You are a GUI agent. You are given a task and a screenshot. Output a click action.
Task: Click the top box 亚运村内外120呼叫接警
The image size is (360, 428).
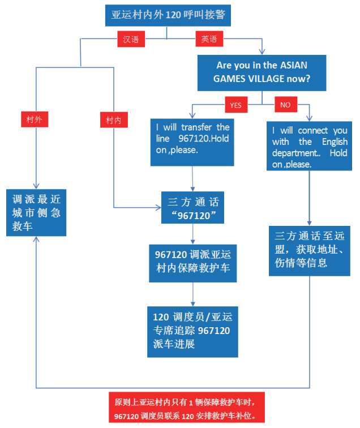click(168, 15)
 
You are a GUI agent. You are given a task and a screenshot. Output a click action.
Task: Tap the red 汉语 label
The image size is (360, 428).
click(131, 40)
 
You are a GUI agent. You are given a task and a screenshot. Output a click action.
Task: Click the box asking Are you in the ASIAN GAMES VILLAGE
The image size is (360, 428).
click(262, 72)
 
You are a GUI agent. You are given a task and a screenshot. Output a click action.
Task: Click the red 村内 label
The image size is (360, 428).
click(113, 119)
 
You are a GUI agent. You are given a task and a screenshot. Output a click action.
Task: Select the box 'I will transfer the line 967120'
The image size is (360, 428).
click(191, 142)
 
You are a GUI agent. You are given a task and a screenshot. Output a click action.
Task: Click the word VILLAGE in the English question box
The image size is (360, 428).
click(274, 79)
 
